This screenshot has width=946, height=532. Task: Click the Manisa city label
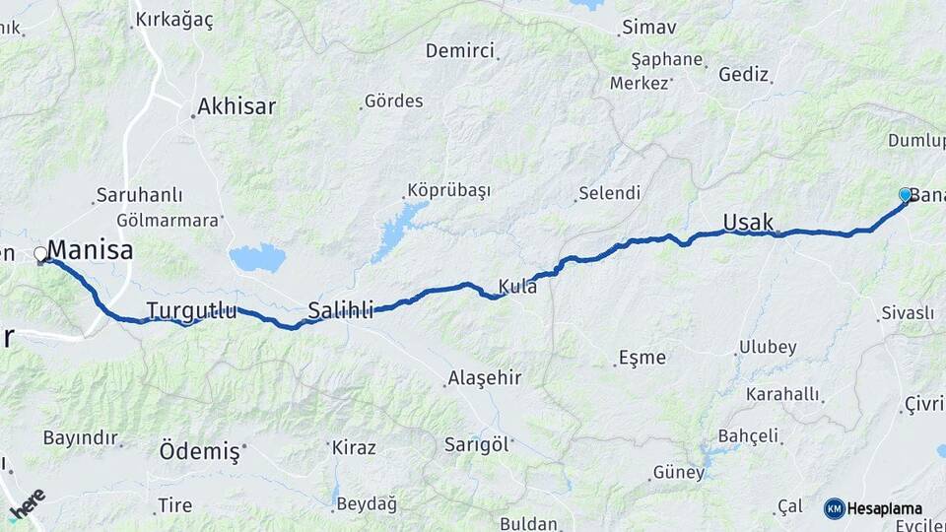(90, 250)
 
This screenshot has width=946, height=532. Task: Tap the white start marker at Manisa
(40, 254)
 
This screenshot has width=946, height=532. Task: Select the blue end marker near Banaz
(905, 195)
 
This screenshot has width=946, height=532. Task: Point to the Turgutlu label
(191, 311)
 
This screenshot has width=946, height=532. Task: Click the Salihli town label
(340, 311)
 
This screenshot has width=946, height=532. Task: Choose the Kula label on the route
(517, 287)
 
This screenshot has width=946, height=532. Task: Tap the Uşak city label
(748, 222)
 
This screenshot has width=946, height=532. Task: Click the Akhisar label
(236, 106)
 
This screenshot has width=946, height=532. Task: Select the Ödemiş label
(199, 451)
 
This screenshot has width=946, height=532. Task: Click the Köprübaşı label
(448, 190)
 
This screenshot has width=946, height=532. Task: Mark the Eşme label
(642, 357)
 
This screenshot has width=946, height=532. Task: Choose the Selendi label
(609, 192)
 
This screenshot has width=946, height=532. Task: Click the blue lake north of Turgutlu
(257, 258)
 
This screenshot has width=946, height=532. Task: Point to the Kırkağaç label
(173, 20)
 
